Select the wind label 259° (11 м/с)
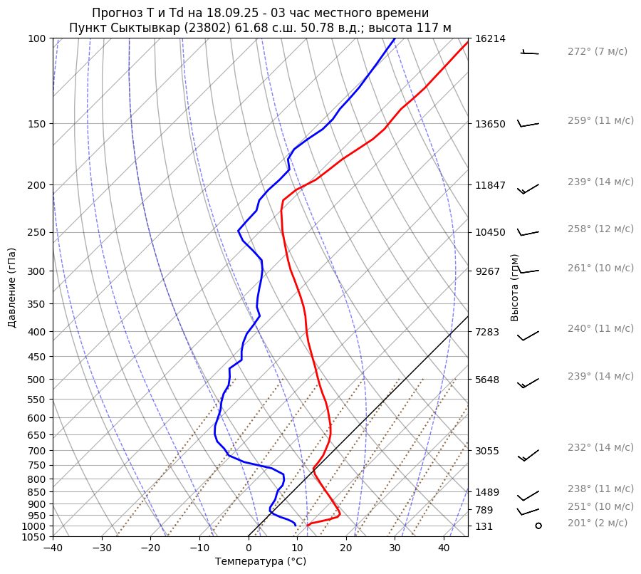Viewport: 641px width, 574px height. click(600, 120)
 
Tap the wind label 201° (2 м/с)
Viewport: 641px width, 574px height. click(598, 523)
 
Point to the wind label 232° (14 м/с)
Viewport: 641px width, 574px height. click(600, 447)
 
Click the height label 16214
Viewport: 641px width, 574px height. click(490, 38)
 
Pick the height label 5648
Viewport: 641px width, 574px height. click(487, 380)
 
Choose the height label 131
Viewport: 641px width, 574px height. click(484, 526)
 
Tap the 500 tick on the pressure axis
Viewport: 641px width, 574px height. click(36, 380)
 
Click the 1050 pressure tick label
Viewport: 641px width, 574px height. click(34, 537)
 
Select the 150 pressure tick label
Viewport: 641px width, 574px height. click(36, 124)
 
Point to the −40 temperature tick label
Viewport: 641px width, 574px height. click(53, 548)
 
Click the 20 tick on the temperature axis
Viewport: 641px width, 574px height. click(346, 548)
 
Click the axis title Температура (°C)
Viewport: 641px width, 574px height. click(261, 561)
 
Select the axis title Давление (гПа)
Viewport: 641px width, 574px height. click(12, 288)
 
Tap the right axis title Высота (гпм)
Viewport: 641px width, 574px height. click(514, 288)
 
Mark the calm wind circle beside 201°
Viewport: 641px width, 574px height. click(538, 526)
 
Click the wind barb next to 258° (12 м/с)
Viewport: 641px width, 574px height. click(528, 232)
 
